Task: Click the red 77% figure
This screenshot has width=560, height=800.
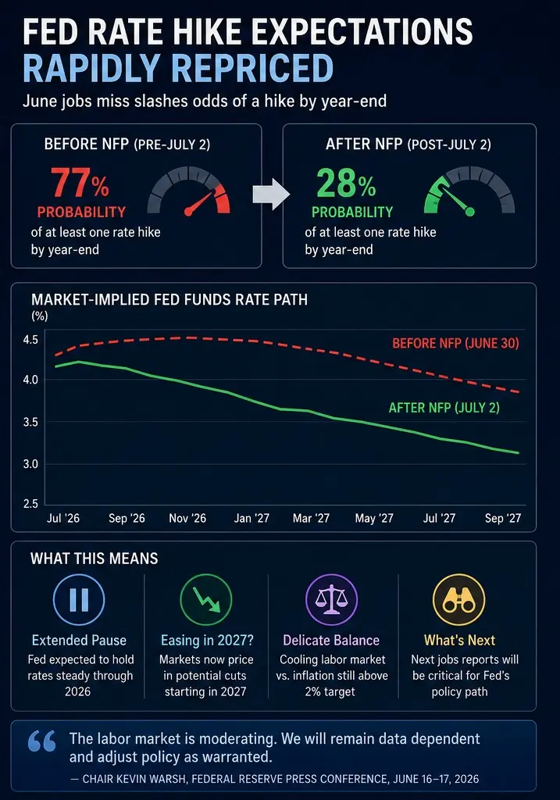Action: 80,183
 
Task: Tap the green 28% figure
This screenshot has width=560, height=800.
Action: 346,183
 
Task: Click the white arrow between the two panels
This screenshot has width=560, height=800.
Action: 271,195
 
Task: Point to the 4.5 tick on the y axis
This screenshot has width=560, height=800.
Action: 30,340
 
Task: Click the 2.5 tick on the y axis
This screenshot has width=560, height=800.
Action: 30,504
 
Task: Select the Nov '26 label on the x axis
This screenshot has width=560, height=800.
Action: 187,519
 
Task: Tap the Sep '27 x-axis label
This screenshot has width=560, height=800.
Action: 503,519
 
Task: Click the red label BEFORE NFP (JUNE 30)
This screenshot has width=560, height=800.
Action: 455,344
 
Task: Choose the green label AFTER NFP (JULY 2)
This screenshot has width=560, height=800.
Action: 444,408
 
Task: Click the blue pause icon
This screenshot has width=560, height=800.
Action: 79,599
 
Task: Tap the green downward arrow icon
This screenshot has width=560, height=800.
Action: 206,599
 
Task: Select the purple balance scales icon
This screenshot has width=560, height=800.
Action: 331,599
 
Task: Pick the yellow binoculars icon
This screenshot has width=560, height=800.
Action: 459,599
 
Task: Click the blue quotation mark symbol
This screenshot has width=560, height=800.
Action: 42,741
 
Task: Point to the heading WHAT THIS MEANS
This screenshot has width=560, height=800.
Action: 95,559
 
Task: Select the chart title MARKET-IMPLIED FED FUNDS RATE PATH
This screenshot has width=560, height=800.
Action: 169,299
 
